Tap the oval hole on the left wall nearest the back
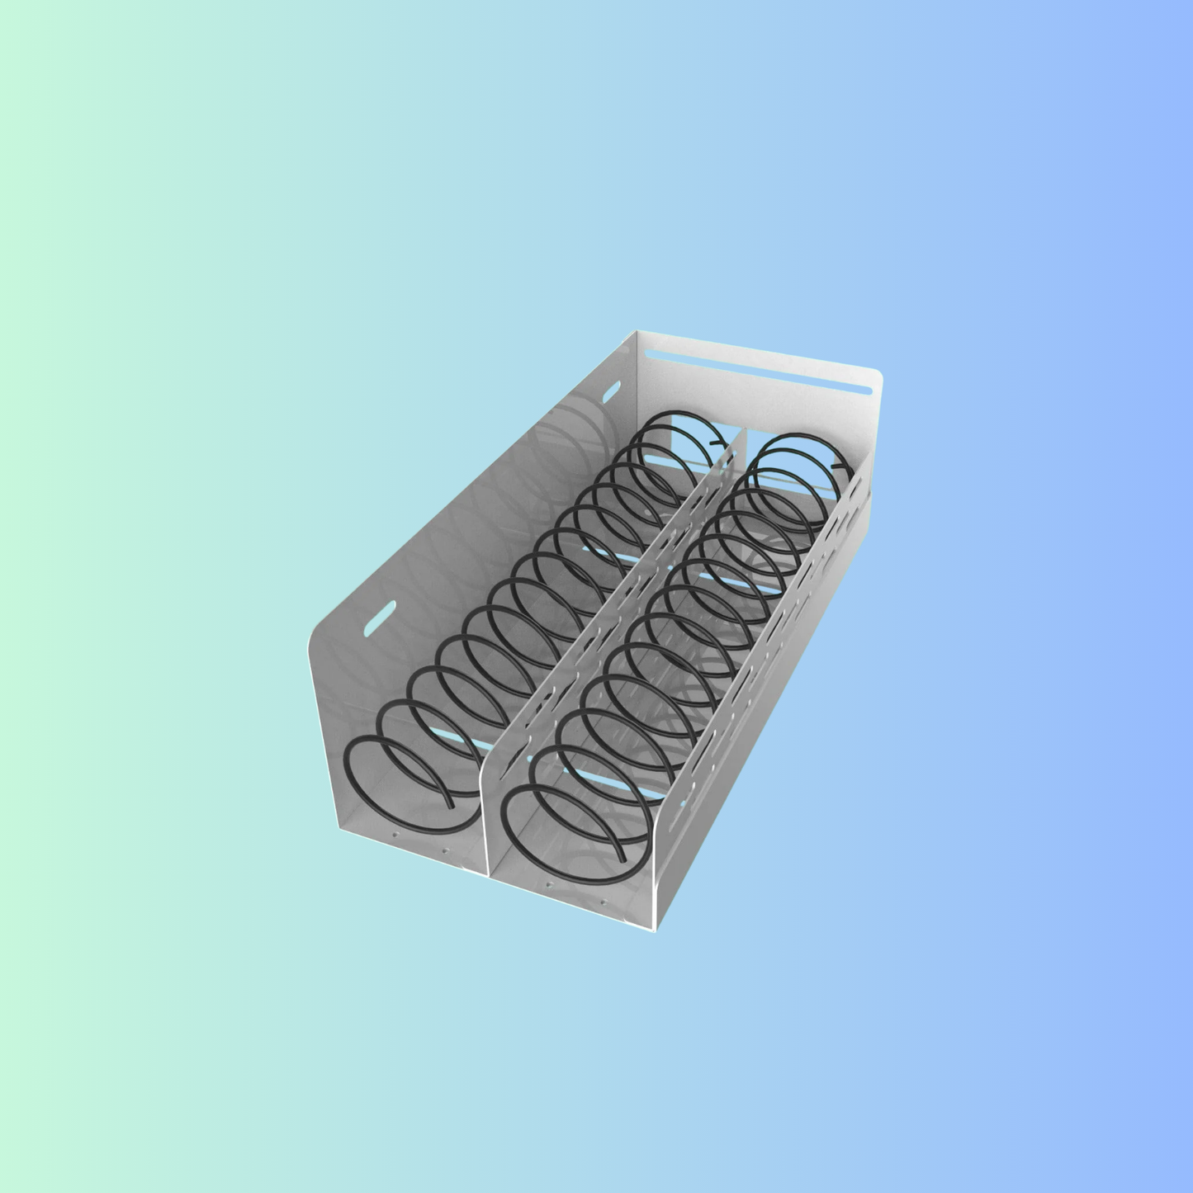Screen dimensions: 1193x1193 (x=613, y=392)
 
